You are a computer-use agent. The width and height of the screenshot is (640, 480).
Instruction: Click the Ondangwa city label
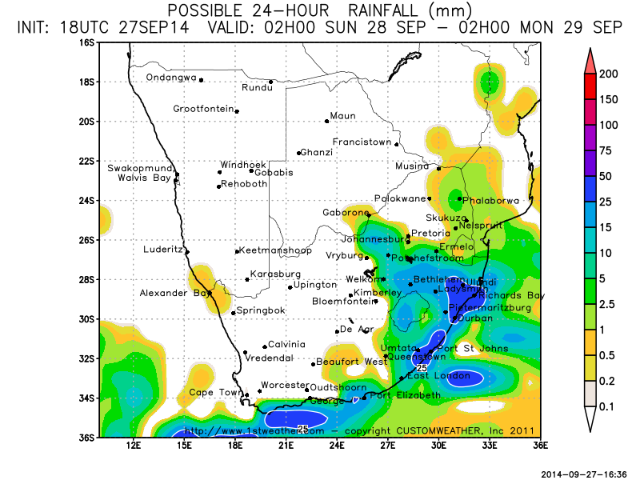pos(170,78)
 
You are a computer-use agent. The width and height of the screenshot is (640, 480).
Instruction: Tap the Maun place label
pos(342,116)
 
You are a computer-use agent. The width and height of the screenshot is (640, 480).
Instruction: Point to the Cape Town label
pos(215,392)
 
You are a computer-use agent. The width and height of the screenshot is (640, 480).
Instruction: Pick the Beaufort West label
pos(351,362)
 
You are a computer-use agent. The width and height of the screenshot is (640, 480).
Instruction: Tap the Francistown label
pos(362,142)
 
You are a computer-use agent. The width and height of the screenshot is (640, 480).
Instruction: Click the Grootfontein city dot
pos(237,112)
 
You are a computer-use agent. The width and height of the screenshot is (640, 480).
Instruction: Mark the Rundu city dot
pos(271,82)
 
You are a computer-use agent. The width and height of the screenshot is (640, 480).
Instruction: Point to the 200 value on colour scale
pos(609,74)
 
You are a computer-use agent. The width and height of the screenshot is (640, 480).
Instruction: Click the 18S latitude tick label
pos(86,82)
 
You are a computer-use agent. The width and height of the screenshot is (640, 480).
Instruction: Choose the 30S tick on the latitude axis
pos(86,318)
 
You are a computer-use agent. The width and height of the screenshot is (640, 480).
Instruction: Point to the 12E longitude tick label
pos(134,445)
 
